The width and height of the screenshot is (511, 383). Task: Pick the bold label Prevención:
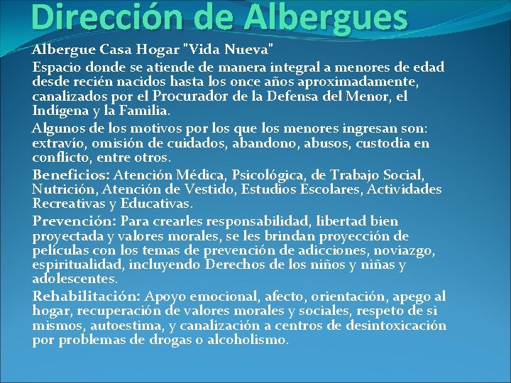click(x=75, y=221)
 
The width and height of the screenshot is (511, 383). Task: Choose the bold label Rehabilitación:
click(x=87, y=296)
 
